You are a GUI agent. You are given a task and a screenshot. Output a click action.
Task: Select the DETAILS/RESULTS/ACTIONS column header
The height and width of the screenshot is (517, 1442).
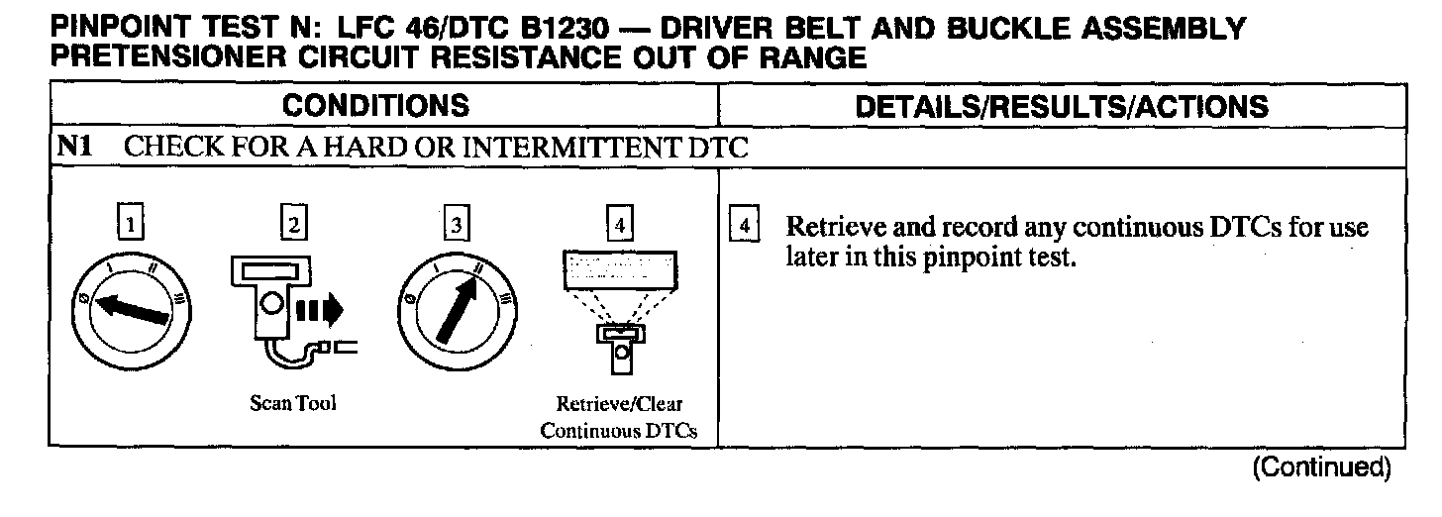click(x=1061, y=106)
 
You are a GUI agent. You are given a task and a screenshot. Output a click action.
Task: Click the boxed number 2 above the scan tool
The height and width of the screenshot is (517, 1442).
click(x=294, y=225)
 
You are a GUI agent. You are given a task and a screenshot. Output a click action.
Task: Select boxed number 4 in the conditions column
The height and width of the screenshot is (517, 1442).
click(x=619, y=225)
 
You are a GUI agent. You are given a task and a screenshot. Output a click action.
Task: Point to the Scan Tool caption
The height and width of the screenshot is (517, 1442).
click(x=293, y=404)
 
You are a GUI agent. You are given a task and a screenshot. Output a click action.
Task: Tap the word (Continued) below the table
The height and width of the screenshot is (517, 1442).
click(x=1320, y=465)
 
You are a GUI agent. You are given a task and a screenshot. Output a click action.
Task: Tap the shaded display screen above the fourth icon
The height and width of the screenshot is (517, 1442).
click(x=618, y=268)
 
